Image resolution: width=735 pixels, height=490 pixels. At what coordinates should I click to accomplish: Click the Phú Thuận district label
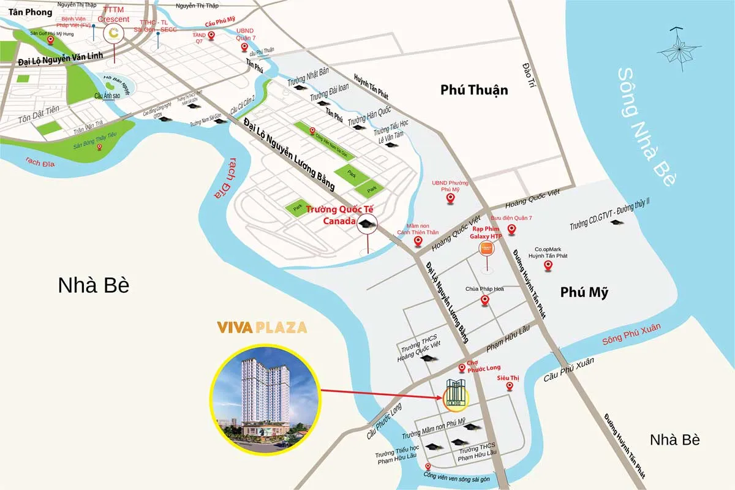(474, 90)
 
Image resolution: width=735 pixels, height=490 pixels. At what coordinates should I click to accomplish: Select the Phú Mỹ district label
(584, 292)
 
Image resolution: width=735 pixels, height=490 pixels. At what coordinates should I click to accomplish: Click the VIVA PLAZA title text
(262, 327)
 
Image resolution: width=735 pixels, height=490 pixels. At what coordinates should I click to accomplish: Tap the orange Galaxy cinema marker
(486, 249)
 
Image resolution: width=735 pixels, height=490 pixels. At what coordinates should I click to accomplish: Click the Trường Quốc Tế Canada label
(332, 214)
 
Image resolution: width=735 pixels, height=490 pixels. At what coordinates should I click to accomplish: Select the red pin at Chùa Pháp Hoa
(484, 300)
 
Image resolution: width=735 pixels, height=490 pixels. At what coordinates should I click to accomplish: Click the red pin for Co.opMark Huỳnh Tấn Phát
(549, 265)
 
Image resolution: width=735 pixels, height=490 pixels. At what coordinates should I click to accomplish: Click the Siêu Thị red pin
(509, 386)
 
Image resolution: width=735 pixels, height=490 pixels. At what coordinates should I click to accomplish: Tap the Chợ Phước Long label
(480, 366)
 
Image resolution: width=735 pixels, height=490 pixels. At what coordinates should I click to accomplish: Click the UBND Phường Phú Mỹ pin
(451, 198)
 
